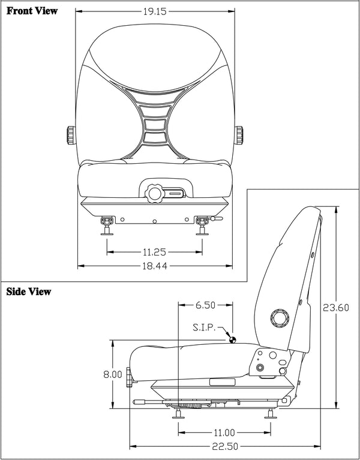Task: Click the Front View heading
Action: point(32,11)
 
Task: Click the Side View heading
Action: point(29,292)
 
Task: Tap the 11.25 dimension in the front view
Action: point(154,252)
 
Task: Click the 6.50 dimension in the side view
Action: point(205,305)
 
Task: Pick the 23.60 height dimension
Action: point(337,308)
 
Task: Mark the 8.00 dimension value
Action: point(113,374)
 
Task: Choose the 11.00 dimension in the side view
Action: point(223,432)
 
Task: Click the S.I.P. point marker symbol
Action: point(233,339)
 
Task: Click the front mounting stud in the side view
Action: point(179,413)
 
